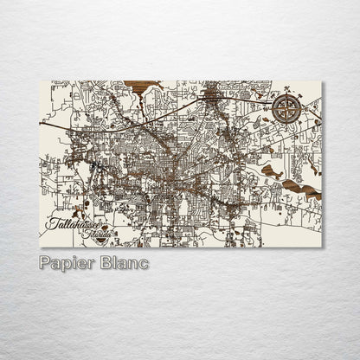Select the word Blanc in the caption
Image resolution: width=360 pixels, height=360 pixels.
click(124, 262)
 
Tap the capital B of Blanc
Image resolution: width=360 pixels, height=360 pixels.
click(105, 262)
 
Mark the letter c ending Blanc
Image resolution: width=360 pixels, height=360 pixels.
click(144, 263)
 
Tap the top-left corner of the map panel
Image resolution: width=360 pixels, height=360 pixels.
click(40, 81)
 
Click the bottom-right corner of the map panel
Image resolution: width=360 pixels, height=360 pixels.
click(322, 247)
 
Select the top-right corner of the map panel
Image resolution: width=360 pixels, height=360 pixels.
click(322, 81)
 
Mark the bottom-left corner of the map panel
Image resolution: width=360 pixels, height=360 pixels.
click(40, 247)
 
